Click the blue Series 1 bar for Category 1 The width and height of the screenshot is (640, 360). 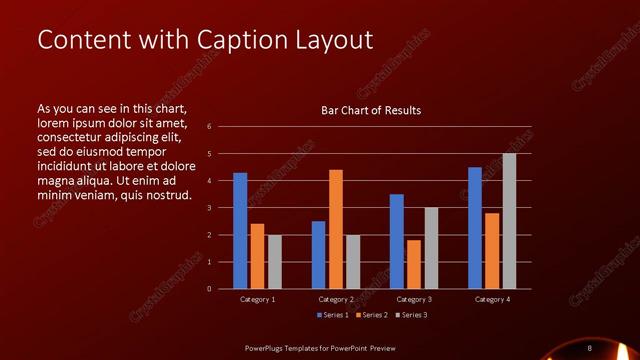point(240,231)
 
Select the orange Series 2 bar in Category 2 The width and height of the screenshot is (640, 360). point(336,229)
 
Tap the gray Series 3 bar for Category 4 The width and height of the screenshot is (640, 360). point(509,221)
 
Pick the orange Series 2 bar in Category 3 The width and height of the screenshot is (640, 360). point(414,264)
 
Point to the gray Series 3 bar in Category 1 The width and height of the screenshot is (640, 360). point(274,262)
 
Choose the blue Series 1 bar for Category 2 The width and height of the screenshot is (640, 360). point(318,255)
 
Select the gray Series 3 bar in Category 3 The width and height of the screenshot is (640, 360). point(431,248)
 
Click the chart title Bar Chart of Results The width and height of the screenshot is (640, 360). point(370,110)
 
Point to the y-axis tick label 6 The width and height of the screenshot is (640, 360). point(209,127)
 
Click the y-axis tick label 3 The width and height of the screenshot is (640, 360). point(209,208)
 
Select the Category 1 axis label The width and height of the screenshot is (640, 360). point(257,299)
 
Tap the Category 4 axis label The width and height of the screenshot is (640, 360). point(492,299)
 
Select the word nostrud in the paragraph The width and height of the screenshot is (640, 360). point(167,194)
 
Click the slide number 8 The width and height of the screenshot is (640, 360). point(590,347)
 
